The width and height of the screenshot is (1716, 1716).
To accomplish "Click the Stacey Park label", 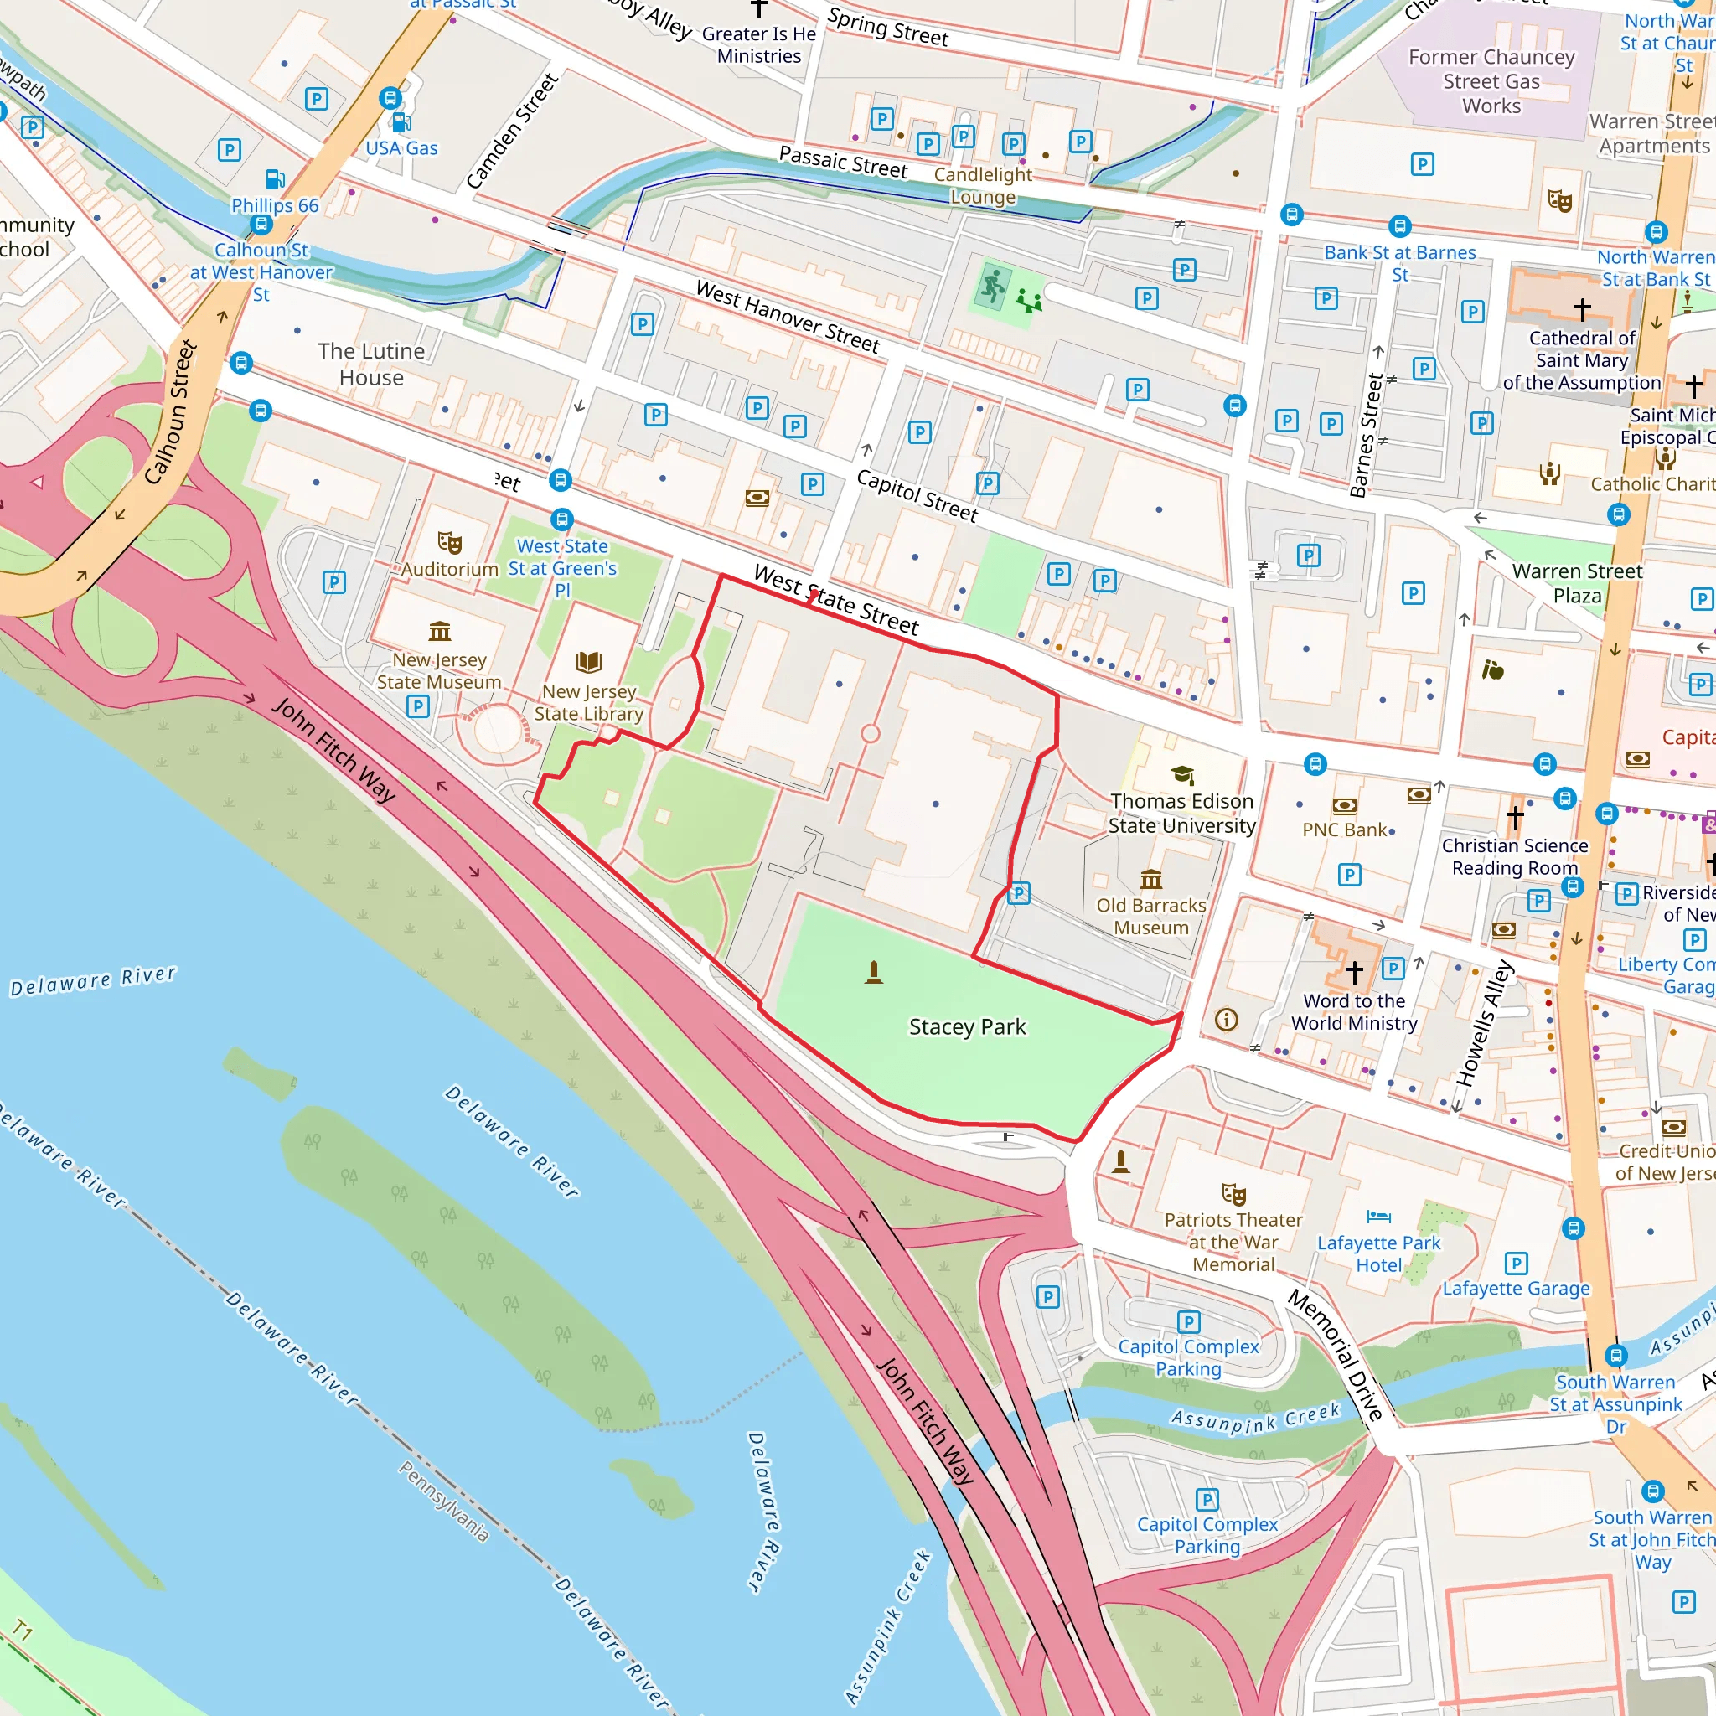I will (967, 1026).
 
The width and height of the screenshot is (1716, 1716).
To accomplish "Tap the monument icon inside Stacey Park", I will (874, 973).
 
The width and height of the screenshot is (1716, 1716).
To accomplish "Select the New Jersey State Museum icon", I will (440, 632).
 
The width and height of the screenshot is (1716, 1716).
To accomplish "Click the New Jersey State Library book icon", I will (589, 662).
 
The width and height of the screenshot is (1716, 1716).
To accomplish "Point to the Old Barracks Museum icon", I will (1151, 879).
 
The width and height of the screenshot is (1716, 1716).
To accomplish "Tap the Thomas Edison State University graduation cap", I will (1182, 774).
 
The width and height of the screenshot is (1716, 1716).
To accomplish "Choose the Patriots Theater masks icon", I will (1233, 1194).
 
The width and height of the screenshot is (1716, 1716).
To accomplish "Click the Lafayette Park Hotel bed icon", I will (1378, 1216).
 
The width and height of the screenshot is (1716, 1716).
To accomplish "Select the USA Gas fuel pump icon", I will (401, 122).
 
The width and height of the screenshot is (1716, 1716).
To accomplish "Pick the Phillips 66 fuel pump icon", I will (276, 179).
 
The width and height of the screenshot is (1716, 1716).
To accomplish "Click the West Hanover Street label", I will (788, 316).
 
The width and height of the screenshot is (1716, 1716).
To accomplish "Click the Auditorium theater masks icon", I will (449, 542).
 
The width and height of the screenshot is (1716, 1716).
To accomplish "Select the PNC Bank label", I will (1344, 830).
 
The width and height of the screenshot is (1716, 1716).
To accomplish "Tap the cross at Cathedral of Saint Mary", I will (1582, 309).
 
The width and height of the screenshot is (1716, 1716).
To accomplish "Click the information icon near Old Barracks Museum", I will (1227, 1020).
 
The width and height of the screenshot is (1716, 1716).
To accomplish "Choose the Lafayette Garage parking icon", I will (1516, 1263).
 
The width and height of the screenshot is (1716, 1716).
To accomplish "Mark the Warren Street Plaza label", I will (1578, 583).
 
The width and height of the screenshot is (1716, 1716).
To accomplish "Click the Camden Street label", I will (512, 132).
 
